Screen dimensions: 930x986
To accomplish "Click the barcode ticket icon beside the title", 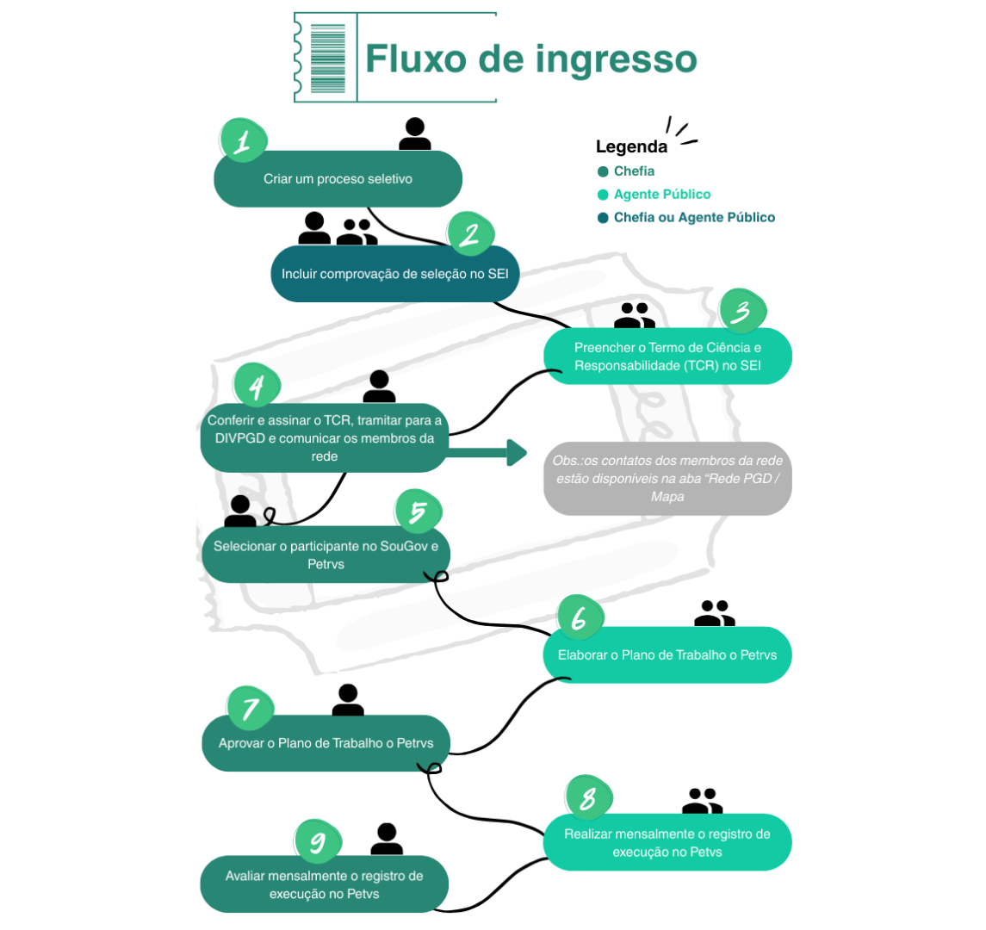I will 327,58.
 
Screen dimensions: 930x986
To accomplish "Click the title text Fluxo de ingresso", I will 530,59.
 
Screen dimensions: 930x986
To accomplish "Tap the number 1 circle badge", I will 243,140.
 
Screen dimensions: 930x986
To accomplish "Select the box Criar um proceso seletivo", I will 338,179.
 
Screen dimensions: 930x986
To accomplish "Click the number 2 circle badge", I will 470,234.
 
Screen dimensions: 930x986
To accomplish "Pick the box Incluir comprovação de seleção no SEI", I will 395,274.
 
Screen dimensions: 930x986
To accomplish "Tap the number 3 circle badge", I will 741,312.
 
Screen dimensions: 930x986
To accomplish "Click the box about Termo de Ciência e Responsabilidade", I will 667,356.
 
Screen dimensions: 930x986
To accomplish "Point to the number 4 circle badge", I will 257,386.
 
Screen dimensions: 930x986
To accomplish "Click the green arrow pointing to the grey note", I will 487,452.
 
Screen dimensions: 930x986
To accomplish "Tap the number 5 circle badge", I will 418,512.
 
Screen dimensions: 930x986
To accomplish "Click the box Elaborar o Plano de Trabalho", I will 667,654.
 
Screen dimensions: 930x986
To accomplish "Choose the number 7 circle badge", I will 251,709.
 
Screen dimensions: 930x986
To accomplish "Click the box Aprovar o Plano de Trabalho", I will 326,743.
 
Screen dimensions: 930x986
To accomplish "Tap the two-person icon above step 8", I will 702,802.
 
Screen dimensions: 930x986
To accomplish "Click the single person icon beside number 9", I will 387,839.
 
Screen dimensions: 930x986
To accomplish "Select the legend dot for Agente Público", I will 603,195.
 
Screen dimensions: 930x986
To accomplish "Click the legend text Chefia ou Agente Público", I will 694,218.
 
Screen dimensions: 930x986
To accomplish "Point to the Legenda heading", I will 631,147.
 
